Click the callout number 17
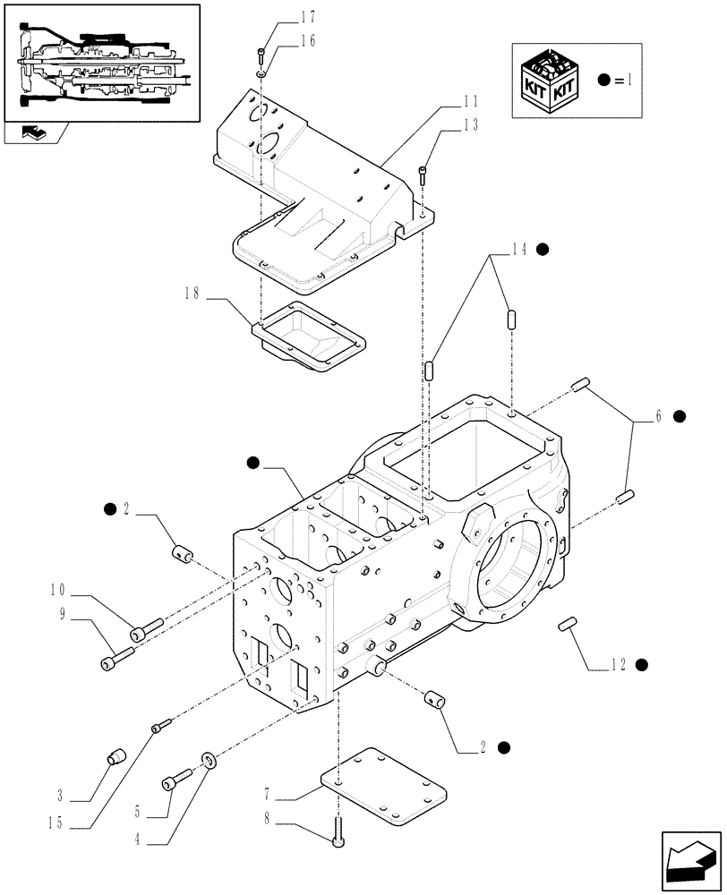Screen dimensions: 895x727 (x=283, y=16)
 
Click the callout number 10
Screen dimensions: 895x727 (x=59, y=589)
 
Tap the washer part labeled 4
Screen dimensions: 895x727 (x=208, y=761)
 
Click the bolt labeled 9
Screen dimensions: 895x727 (x=114, y=662)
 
